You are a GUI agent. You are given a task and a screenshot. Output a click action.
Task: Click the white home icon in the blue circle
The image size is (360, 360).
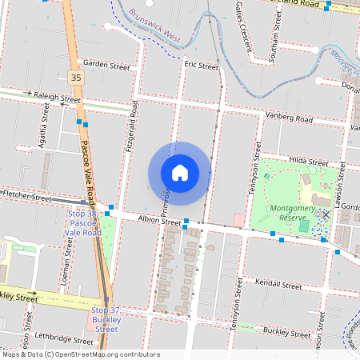pos(180,173)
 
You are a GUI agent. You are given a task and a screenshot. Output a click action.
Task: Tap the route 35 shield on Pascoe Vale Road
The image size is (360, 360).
pos(76,77)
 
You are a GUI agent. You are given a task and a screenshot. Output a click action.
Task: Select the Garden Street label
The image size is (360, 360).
pos(106,65)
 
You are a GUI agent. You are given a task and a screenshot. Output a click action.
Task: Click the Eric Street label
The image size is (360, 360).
pos(201,65)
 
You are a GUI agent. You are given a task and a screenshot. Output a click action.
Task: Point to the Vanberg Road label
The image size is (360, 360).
pos(290,118)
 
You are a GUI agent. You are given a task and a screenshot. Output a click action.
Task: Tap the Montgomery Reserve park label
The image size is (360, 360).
pos(292,212)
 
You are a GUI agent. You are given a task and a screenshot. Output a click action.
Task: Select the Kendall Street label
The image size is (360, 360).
pos(276,283)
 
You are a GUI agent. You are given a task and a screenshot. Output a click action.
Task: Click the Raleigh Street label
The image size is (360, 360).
pos(57,96)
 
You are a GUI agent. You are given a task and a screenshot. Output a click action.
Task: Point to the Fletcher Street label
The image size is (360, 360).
pos(26,195)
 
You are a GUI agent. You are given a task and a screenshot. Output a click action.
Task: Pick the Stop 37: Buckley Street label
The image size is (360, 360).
pos(107,319)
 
